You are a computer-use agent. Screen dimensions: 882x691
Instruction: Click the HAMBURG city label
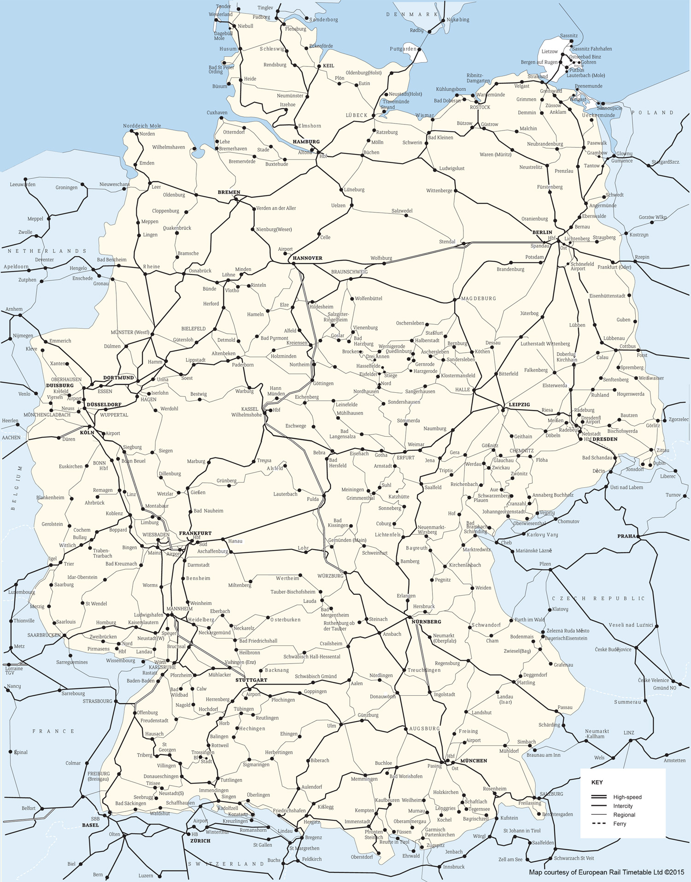[306, 142]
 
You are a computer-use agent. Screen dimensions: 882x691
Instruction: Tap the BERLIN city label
[542, 232]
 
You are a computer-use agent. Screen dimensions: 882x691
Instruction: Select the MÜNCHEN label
[474, 760]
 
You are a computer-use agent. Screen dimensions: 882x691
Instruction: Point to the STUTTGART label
[251, 680]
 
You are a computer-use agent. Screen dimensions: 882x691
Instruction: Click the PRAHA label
[627, 536]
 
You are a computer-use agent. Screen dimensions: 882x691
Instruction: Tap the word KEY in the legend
[597, 782]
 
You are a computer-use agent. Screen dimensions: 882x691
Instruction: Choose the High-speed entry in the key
[627, 797]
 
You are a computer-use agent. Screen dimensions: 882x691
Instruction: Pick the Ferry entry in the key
[620, 823]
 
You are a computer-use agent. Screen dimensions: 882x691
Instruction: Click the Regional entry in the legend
[624, 815]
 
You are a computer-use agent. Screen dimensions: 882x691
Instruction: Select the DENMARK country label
[412, 15]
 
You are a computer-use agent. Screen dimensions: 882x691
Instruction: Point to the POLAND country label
[652, 112]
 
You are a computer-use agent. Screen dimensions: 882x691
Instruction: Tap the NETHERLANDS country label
[47, 251]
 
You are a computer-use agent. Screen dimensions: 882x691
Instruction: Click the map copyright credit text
[607, 872]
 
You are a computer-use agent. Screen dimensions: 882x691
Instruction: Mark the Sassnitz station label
[569, 36]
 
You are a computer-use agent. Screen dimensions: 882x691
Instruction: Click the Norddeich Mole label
[142, 126]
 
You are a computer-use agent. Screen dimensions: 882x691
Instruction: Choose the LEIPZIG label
[519, 404]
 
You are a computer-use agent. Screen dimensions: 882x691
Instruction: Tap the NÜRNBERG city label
[427, 622]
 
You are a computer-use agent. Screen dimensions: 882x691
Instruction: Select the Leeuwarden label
[23, 184]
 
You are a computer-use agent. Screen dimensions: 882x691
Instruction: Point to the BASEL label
[90, 825]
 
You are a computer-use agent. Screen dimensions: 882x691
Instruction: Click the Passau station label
[565, 707]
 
